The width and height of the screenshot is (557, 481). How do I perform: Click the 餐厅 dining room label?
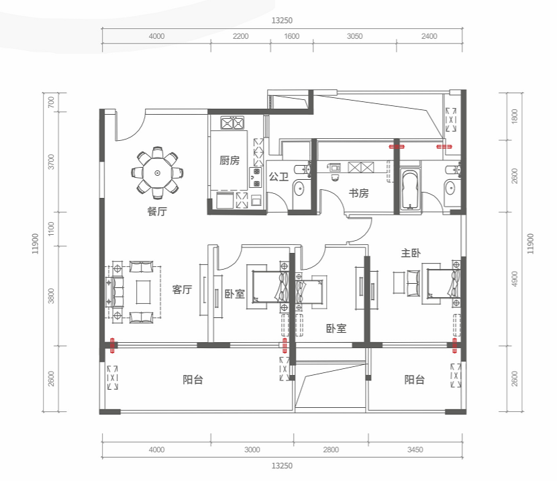[157, 211]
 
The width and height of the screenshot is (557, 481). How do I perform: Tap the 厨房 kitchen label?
[230, 160]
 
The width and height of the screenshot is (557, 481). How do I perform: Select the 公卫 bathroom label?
[278, 176]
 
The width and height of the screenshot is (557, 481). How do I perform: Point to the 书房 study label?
[359, 193]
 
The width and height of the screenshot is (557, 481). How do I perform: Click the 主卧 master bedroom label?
[411, 253]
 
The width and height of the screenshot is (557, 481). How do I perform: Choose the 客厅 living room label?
[183, 290]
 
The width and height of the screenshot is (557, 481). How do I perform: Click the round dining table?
[157, 173]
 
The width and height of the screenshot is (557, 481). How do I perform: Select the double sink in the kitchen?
[232, 123]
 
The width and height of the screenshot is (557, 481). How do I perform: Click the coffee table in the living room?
[144, 292]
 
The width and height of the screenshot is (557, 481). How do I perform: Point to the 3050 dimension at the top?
[354, 36]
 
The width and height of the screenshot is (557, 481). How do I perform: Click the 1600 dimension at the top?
[292, 36]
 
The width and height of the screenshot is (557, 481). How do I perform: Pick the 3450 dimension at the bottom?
[415, 449]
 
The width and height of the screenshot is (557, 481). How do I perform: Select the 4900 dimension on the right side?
[515, 279]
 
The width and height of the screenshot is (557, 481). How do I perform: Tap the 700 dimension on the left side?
[51, 102]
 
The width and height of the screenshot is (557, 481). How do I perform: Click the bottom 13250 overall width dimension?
[282, 466]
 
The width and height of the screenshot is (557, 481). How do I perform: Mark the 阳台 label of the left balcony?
[193, 380]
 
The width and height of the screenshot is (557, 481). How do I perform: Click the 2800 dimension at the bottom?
[331, 449]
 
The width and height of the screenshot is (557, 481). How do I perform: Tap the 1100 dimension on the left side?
[51, 229]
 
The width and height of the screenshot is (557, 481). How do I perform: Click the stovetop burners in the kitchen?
[256, 178]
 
